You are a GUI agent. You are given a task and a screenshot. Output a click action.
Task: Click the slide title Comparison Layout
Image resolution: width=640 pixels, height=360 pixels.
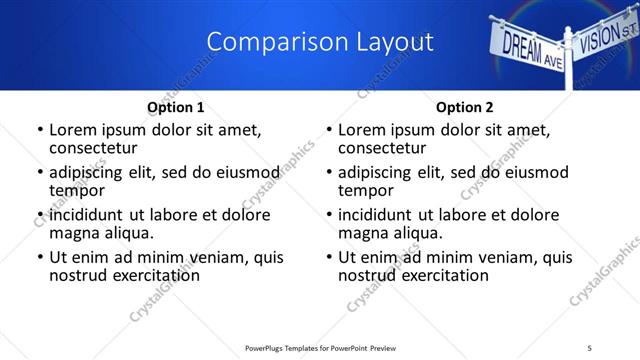[320, 42]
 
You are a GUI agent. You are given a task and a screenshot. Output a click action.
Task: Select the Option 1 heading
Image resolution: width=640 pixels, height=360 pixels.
[176, 107]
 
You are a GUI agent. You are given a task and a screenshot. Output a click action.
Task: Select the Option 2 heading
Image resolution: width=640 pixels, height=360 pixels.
[465, 107]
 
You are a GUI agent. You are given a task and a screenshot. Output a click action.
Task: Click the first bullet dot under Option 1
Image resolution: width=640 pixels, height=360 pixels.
[39, 131]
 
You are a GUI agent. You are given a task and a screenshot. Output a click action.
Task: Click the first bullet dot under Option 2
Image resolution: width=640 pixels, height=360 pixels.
[328, 131]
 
